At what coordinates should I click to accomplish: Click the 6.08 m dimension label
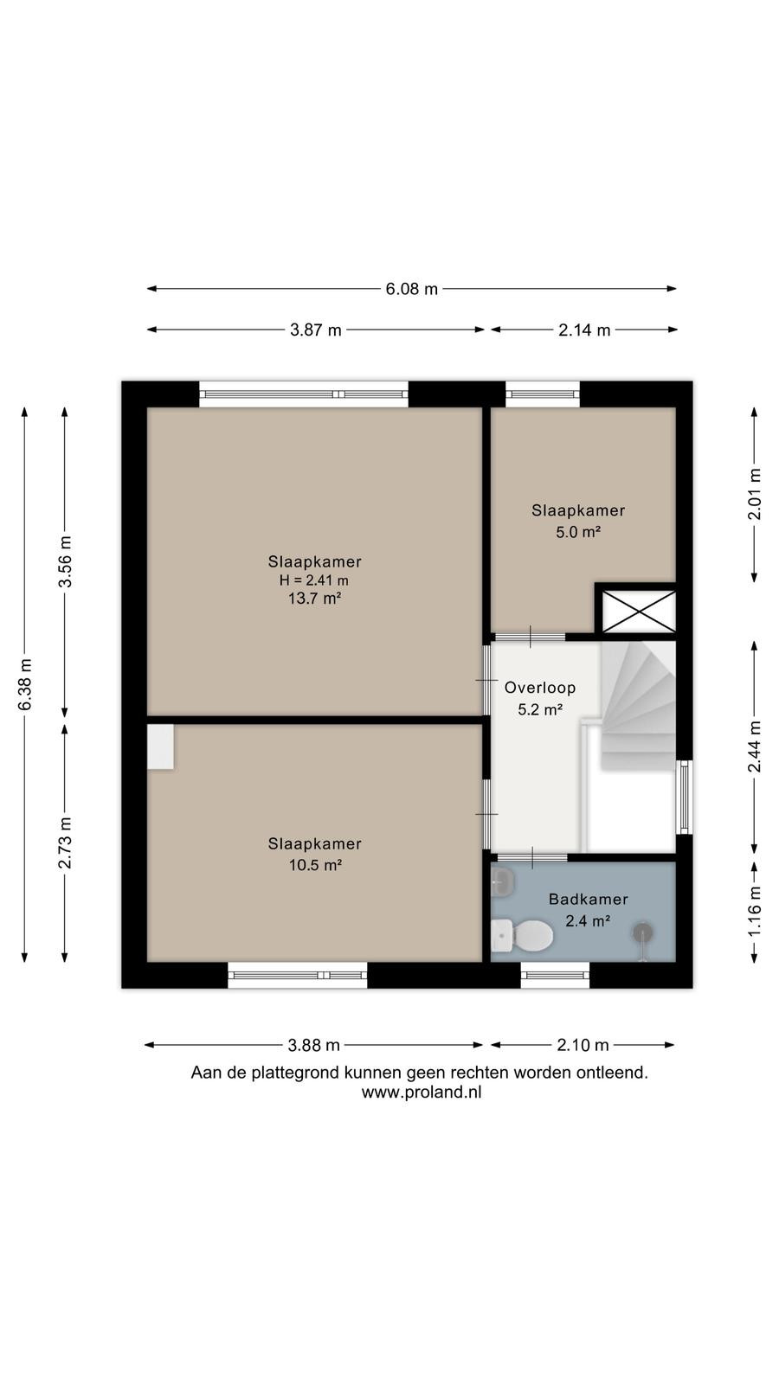point(412,289)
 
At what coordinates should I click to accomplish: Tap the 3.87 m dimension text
point(315,330)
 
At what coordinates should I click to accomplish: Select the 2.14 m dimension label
point(584,330)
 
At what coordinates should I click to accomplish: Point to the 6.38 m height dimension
point(25,684)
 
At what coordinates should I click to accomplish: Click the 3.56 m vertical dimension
point(65,561)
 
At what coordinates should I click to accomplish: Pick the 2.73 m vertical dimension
point(65,843)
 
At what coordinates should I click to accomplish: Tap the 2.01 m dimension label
point(754,494)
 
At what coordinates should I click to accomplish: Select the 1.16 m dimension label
point(754,911)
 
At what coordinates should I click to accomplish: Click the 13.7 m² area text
point(315,598)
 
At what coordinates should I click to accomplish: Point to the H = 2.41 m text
point(314,580)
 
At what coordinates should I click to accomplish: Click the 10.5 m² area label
point(315,865)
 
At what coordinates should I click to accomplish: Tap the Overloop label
point(540,688)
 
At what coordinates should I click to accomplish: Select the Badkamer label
point(588,899)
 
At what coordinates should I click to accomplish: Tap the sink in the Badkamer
point(502,881)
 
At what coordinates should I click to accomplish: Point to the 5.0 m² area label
point(578,532)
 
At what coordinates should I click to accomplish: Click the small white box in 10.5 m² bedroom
point(160,746)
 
